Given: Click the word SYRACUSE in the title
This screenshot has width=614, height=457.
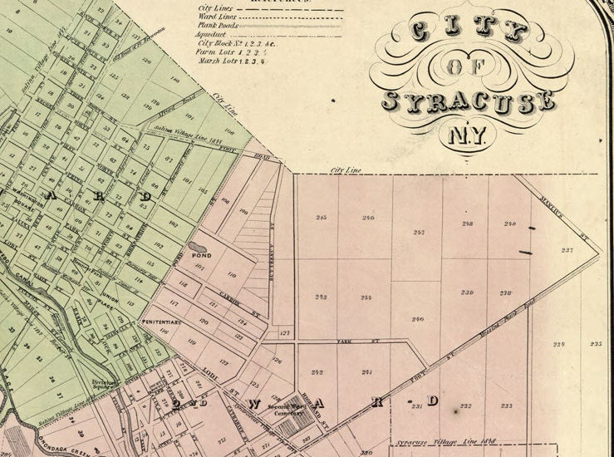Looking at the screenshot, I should coord(468,101).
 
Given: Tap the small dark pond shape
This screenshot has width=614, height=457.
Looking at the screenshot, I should coord(199,247).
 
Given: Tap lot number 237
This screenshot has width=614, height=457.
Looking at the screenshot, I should coord(567,250).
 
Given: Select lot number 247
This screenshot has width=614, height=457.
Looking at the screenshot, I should coord(418,233).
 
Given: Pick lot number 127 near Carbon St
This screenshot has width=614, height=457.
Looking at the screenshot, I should coord(285,333).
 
